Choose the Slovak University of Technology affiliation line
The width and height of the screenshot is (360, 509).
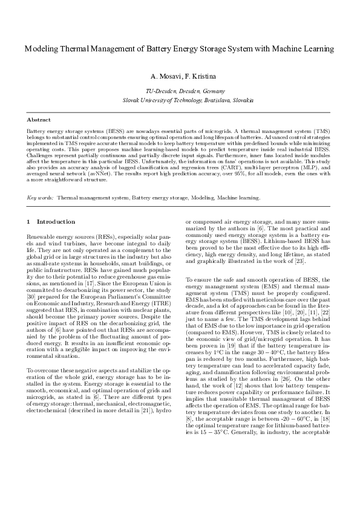pos(180,99)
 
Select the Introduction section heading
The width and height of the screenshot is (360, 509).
pos(55,222)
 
